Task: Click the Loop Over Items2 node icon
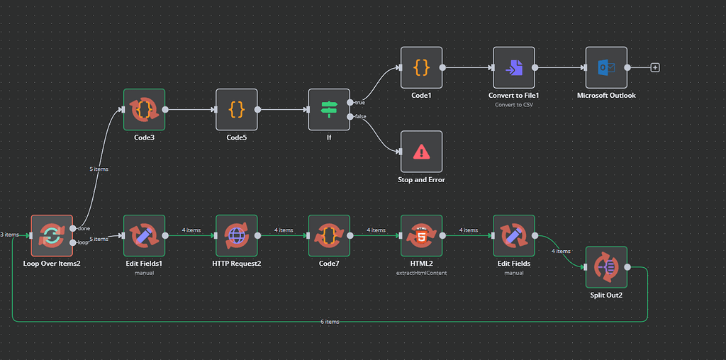(52, 236)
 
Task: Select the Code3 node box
(144, 110)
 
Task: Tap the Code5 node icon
(237, 110)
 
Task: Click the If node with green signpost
(329, 110)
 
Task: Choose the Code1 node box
(421, 68)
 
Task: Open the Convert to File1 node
(514, 68)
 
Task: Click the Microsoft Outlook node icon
(606, 68)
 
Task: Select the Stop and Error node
(421, 152)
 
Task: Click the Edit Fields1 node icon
(144, 236)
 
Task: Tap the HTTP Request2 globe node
(237, 236)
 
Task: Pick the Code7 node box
(329, 236)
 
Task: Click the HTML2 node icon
(421, 236)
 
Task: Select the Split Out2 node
(606, 267)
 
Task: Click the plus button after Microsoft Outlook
(655, 68)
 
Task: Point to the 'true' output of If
(350, 103)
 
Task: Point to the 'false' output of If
(350, 117)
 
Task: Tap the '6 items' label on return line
(330, 322)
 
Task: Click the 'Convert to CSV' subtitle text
(514, 105)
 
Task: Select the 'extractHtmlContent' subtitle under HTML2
(421, 273)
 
